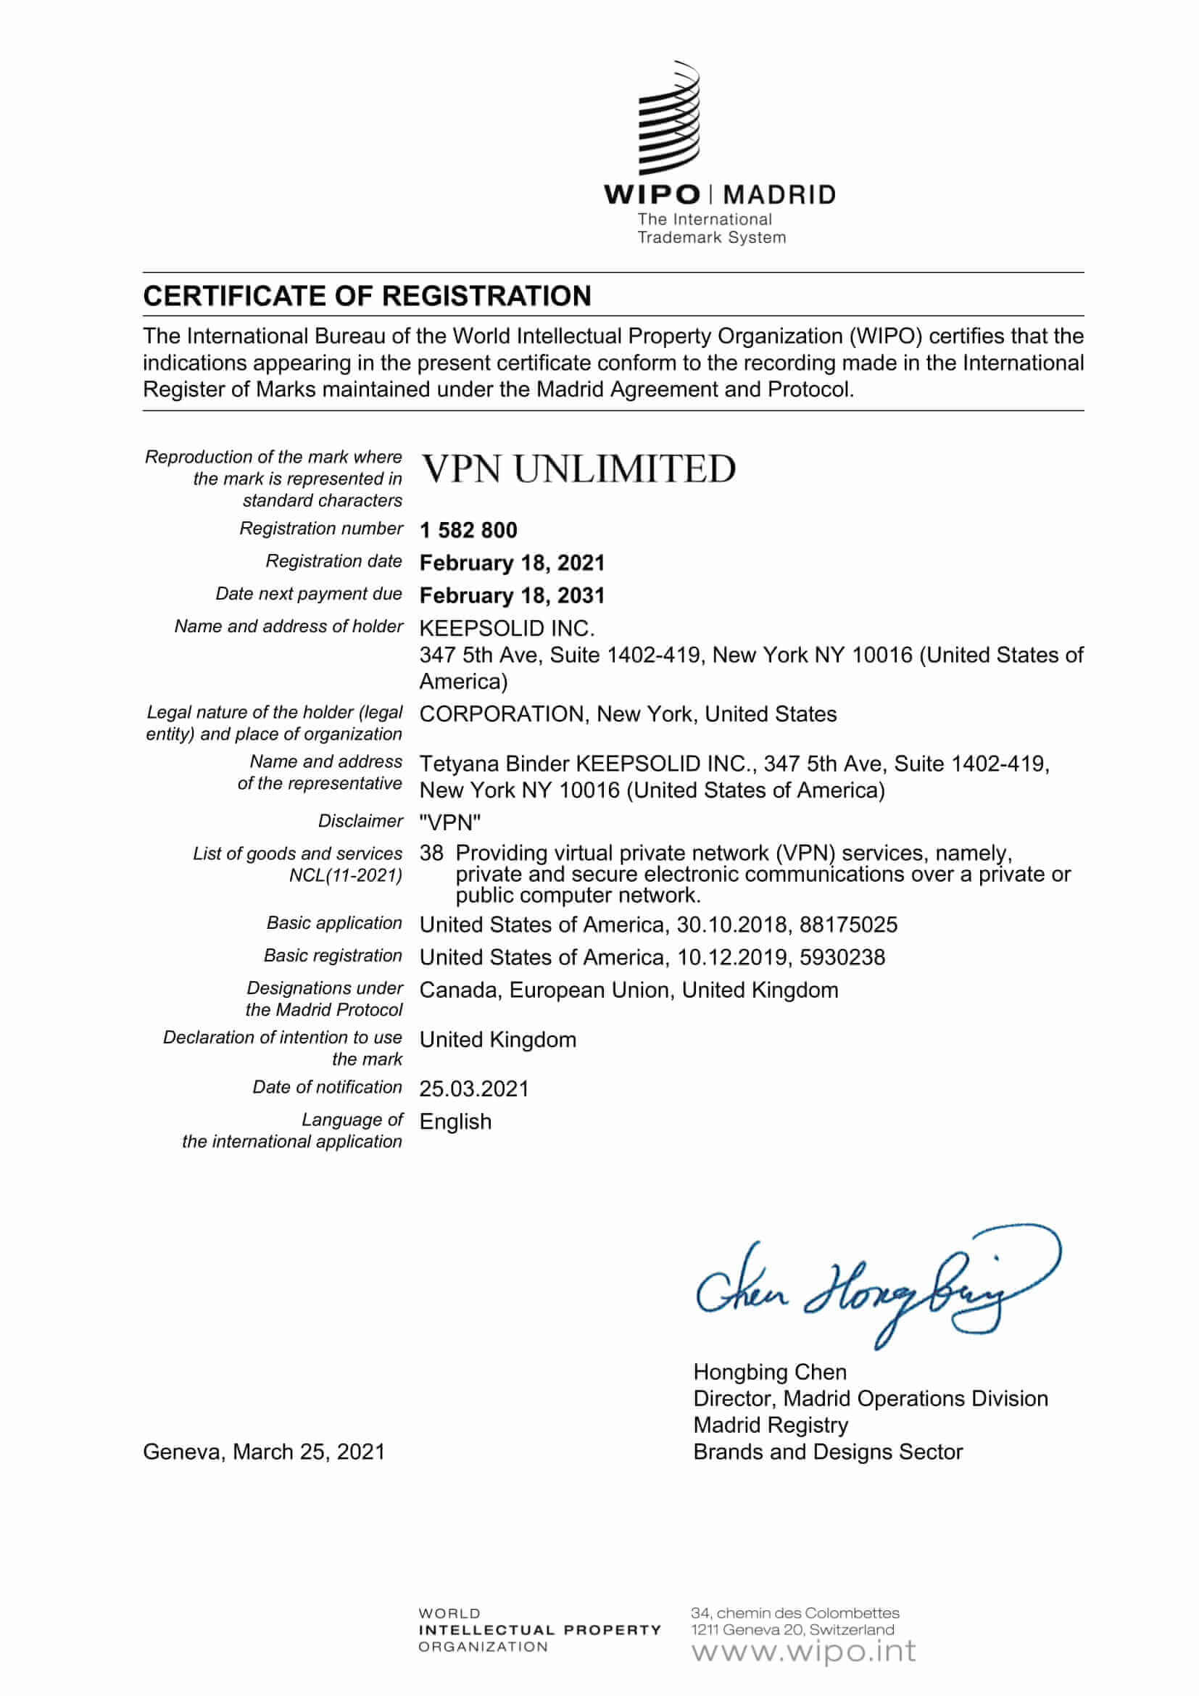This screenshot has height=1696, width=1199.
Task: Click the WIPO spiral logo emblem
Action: pyautogui.click(x=669, y=118)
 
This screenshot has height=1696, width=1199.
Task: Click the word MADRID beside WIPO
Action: pyautogui.click(x=779, y=195)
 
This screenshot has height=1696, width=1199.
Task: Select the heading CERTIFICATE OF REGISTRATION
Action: pyautogui.click(x=367, y=297)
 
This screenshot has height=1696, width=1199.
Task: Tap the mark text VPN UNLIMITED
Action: pyautogui.click(x=578, y=469)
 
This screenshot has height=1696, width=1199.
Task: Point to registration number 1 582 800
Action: pyautogui.click(x=468, y=530)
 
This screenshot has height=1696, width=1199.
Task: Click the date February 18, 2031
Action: pyautogui.click(x=512, y=595)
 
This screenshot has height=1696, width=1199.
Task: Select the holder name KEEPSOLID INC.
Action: pyautogui.click(x=507, y=629)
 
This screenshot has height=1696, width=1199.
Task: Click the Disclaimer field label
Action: pyautogui.click(x=360, y=821)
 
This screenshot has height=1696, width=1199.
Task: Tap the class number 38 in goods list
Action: pyautogui.click(x=431, y=853)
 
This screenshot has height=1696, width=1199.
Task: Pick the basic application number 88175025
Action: pyautogui.click(x=848, y=924)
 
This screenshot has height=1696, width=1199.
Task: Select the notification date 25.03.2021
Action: pyautogui.click(x=474, y=1089)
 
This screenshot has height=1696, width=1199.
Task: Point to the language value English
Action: pyautogui.click(x=455, y=1121)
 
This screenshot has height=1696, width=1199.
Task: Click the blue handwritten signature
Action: pyautogui.click(x=871, y=1289)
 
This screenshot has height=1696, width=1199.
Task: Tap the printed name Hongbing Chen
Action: pyautogui.click(x=769, y=1373)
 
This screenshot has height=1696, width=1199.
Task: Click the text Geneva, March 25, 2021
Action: pyautogui.click(x=264, y=1452)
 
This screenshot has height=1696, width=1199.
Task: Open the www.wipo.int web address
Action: pyautogui.click(x=803, y=1651)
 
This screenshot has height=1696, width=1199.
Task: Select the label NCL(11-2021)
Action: pyautogui.click(x=346, y=875)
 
